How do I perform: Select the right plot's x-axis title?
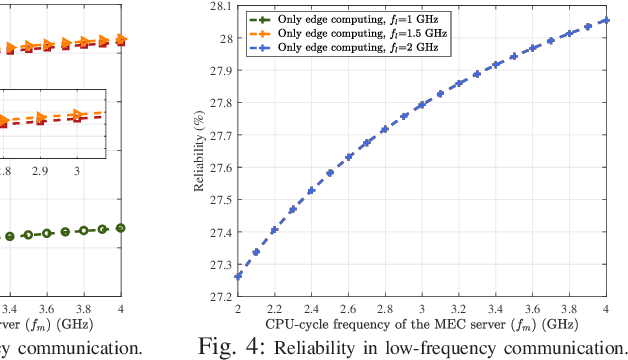tap(423, 326)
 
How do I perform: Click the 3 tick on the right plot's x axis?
tap(422, 311)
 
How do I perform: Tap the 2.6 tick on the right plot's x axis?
tap(348, 311)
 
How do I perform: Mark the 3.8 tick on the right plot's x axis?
tap(569, 311)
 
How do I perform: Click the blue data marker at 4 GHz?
tap(606, 20)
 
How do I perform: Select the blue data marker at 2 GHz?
tap(238, 275)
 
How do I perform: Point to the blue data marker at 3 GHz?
tap(422, 104)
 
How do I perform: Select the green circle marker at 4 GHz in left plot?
tap(121, 228)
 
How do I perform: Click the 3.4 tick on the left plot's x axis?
tap(11, 310)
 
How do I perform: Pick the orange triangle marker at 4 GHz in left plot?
tap(121, 39)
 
